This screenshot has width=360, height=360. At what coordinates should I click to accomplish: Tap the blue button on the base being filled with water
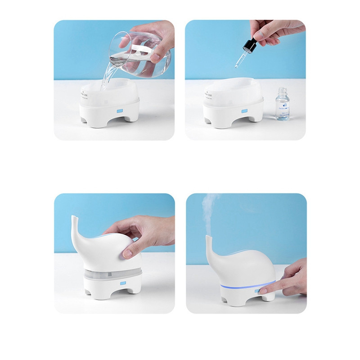click(120, 109)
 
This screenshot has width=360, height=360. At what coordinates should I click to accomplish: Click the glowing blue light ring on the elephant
click(243, 287)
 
